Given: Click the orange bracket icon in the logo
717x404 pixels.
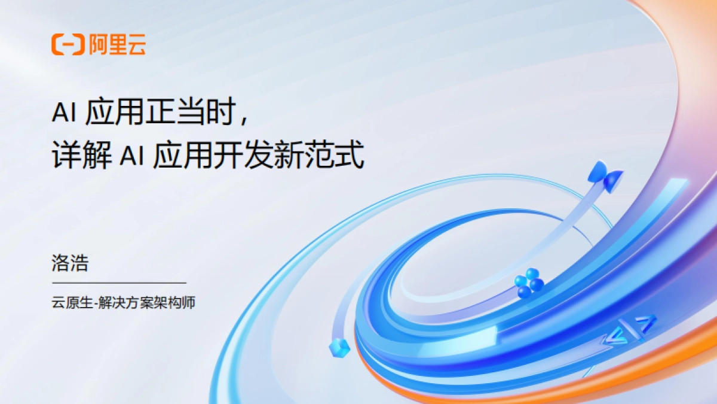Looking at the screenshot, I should [68, 45].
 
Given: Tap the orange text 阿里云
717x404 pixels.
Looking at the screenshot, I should [117, 45].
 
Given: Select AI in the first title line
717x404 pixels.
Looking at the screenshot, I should [63, 112].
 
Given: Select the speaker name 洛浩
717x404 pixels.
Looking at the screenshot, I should [70, 264].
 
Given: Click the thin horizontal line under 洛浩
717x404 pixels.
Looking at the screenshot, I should [119, 283].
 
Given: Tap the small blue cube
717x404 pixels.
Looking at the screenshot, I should [339, 347].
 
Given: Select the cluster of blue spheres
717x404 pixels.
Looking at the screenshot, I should [528, 283].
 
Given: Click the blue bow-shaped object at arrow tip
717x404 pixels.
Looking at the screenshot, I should [605, 176].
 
